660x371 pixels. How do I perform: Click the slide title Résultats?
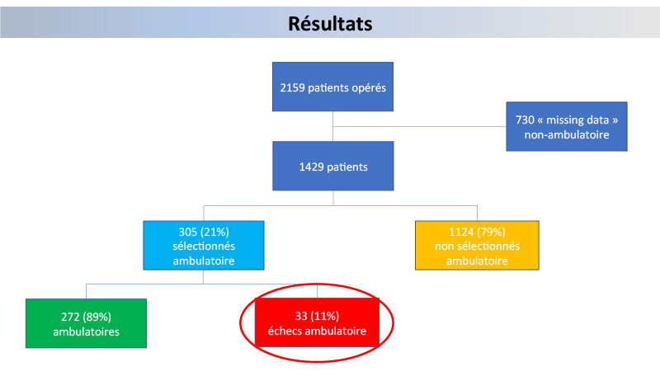click(330, 24)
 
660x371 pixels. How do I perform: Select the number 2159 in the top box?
click(293, 87)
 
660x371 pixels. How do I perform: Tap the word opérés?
click(370, 88)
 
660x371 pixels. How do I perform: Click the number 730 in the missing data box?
click(525, 120)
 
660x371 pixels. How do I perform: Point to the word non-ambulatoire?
click(567, 134)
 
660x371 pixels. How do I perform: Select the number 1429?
click(312, 167)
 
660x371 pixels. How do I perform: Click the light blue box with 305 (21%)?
click(204, 245)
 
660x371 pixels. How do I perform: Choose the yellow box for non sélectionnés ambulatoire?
click(477, 245)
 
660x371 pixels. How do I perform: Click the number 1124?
click(461, 232)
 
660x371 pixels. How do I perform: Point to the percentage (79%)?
click(491, 232)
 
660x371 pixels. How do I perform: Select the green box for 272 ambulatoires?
click(87, 323)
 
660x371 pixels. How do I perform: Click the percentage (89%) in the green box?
click(97, 317)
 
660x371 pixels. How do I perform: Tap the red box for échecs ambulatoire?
click(317, 322)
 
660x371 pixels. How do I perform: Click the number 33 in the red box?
click(301, 316)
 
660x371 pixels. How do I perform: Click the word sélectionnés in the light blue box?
click(204, 246)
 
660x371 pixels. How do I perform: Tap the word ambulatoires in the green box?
click(87, 332)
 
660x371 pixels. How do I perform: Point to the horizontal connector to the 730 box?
click(419, 126)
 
